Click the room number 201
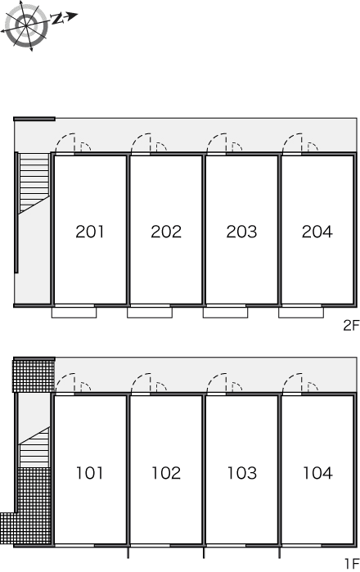(x=90, y=232)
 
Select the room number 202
(x=166, y=232)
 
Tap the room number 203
(x=241, y=232)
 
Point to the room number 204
(x=317, y=232)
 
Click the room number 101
(x=90, y=473)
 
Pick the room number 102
(x=166, y=473)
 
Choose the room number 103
(x=242, y=473)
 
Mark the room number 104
(x=317, y=473)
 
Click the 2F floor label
(x=351, y=325)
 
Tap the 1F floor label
(x=352, y=564)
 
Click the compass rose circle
(x=26, y=25)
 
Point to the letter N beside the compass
(x=57, y=19)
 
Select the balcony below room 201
(x=74, y=313)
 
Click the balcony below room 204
(x=301, y=313)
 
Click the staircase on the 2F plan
(x=34, y=182)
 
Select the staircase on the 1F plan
(x=34, y=448)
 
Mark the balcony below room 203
(x=226, y=313)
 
